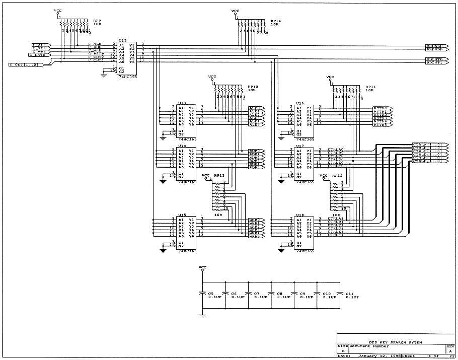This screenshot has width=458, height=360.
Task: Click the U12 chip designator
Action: click(122, 40)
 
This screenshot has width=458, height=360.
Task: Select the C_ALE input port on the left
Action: click(39, 44)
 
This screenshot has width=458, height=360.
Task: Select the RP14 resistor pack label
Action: click(275, 21)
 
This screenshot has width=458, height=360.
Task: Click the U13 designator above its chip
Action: click(182, 103)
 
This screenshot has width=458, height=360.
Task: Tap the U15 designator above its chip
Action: click(182, 215)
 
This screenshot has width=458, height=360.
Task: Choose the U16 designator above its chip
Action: click(300, 103)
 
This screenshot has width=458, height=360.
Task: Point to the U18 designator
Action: click(300, 215)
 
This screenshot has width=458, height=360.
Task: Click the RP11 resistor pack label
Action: click(370, 87)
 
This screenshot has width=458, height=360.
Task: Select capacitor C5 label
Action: click(211, 293)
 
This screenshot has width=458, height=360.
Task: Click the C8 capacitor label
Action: click(280, 293)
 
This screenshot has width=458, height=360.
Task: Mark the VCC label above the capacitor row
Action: click(202, 267)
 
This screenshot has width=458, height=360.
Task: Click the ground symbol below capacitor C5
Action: click(202, 316)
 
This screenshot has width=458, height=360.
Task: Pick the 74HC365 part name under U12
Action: click(125, 77)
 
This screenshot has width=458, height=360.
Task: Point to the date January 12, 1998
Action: click(375, 356)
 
